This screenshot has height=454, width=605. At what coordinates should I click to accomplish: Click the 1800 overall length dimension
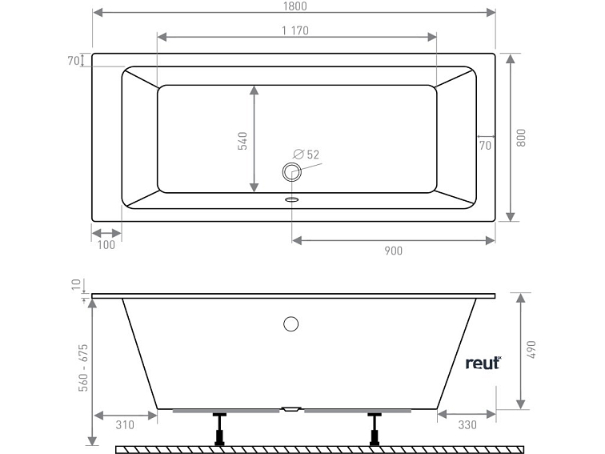(x=294, y=6)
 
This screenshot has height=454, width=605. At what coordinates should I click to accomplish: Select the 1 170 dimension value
(x=294, y=30)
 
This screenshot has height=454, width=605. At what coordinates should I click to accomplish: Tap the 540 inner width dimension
(x=243, y=140)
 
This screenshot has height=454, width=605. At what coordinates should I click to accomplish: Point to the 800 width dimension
(x=521, y=137)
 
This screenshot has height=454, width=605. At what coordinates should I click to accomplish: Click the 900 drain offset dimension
(x=393, y=251)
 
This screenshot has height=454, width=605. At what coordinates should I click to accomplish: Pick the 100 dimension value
(x=106, y=245)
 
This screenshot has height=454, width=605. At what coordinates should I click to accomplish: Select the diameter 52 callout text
(x=307, y=154)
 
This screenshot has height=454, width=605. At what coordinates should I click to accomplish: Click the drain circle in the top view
(x=290, y=170)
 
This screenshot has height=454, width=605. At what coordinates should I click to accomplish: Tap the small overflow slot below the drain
(x=291, y=199)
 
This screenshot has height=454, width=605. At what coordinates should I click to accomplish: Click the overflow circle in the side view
(x=291, y=324)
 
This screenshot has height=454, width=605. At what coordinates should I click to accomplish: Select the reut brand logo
(x=483, y=363)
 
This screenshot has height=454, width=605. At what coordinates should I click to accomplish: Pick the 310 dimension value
(x=124, y=424)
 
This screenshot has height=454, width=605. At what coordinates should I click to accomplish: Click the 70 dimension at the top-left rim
(x=72, y=60)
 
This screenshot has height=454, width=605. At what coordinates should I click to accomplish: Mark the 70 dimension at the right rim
(x=485, y=146)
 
